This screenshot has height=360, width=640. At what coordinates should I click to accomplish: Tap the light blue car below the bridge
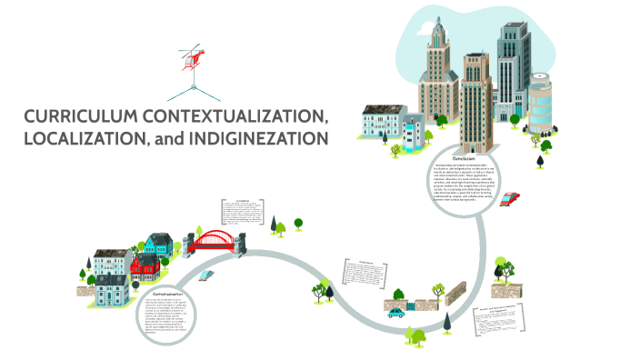[x=207, y=274]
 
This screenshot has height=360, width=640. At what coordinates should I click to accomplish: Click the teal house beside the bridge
[x=159, y=244]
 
